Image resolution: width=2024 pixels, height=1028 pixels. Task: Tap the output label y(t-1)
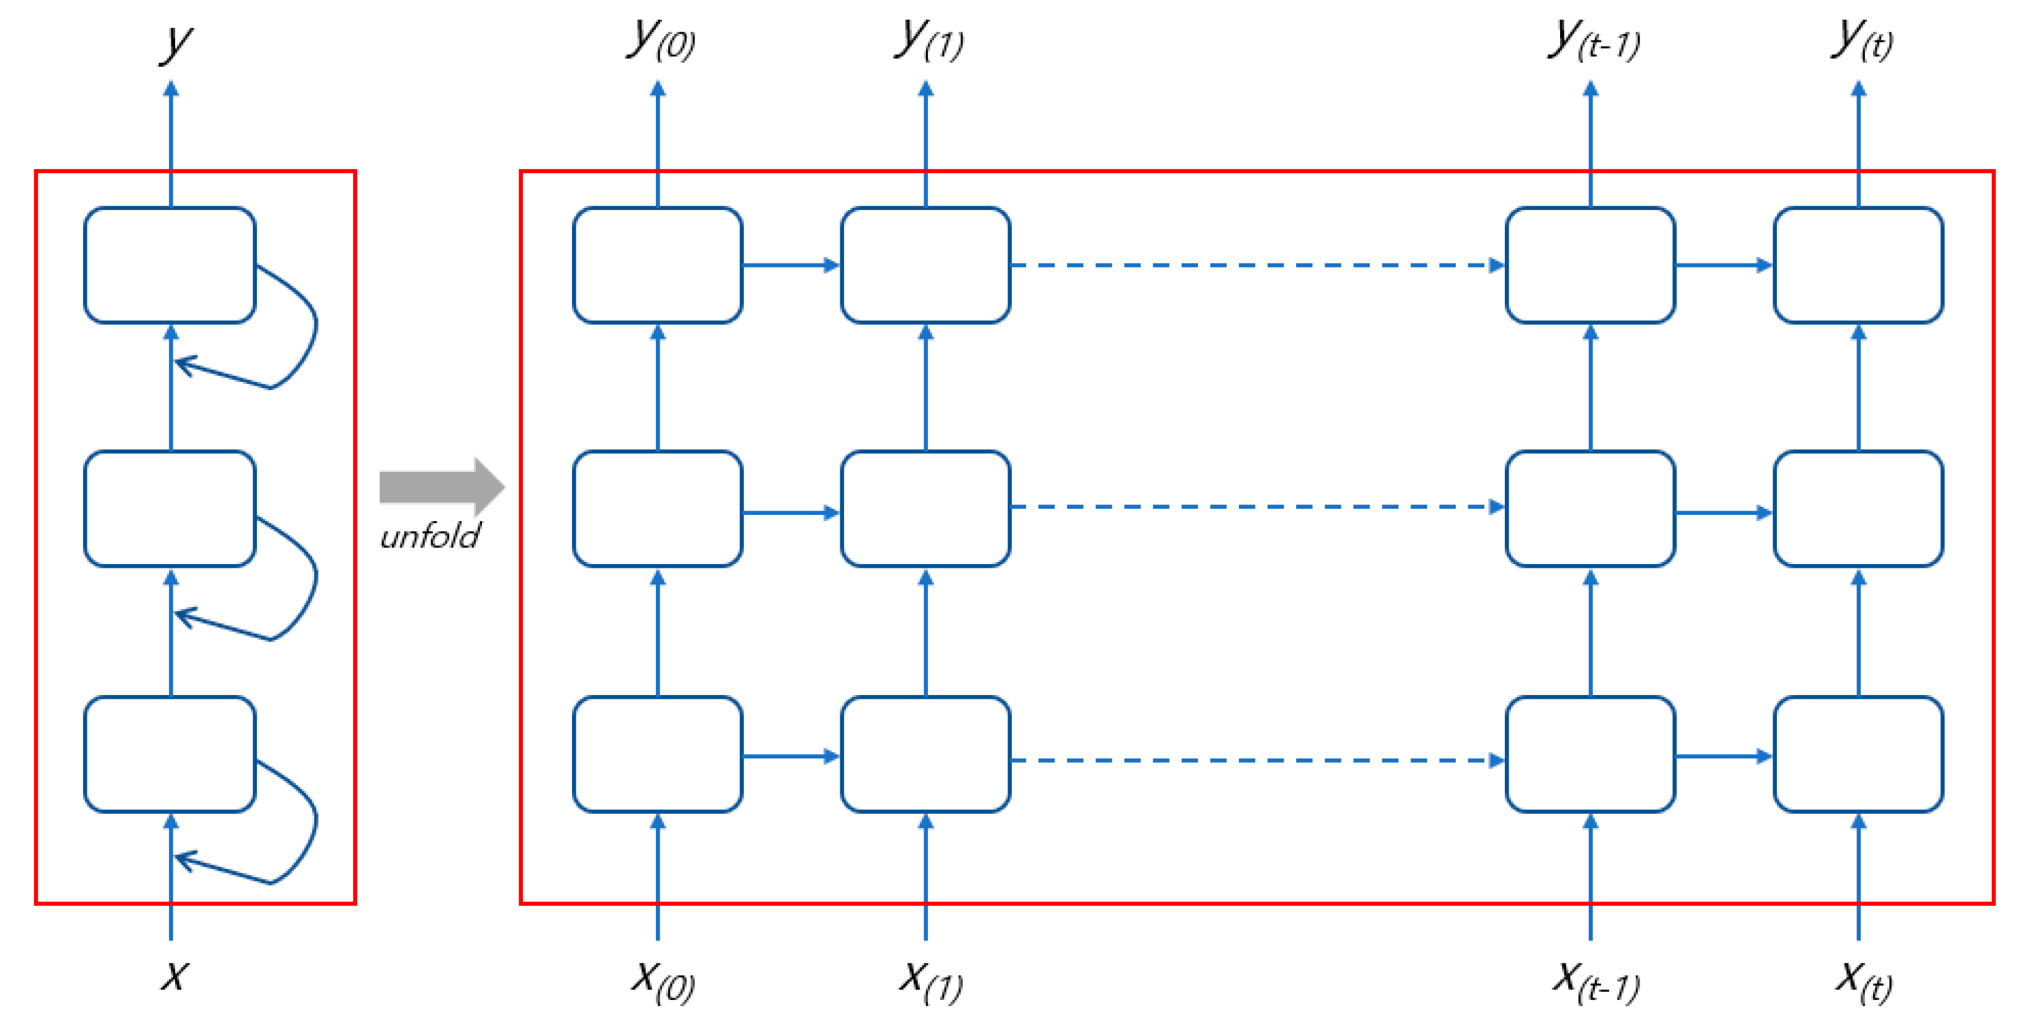click(x=1594, y=39)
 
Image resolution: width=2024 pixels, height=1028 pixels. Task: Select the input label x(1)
click(x=930, y=981)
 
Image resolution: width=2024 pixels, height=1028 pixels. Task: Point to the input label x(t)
click(x=1862, y=981)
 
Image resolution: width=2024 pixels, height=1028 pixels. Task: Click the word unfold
click(x=430, y=537)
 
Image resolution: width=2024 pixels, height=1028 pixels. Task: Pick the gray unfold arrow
click(x=440, y=486)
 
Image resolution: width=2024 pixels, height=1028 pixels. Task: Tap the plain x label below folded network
click(x=174, y=976)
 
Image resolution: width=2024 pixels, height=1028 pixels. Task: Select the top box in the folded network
click(x=170, y=265)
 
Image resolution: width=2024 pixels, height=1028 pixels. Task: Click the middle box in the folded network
click(x=170, y=509)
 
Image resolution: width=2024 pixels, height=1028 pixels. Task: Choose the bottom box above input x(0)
click(x=658, y=753)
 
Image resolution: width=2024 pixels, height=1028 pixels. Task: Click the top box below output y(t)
click(x=1858, y=265)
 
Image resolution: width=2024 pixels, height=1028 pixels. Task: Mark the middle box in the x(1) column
click(x=925, y=509)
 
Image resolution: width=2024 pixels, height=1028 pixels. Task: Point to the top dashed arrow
click(x=1257, y=265)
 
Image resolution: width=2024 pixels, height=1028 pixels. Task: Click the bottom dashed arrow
click(x=1257, y=760)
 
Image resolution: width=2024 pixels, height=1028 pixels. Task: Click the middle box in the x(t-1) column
click(x=1591, y=509)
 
